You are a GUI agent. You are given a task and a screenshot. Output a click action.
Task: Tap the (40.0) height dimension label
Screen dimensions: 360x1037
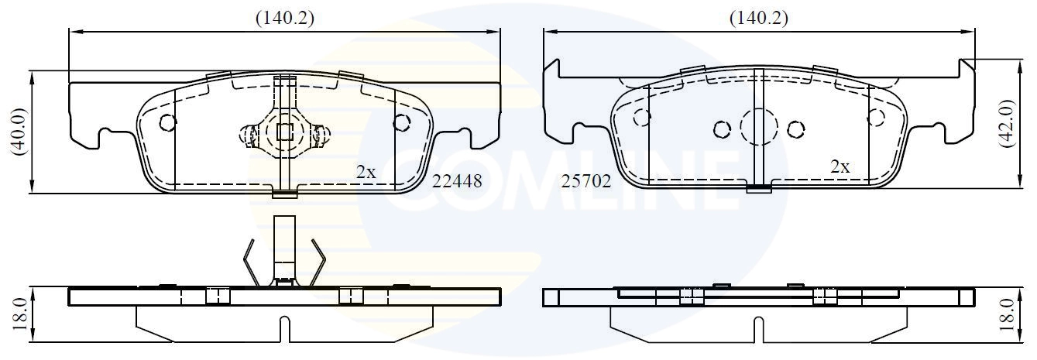(x=19, y=132)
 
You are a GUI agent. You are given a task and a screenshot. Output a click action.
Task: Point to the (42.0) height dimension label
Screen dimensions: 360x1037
(x=1006, y=123)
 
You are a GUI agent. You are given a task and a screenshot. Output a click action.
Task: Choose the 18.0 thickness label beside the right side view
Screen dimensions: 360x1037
(x=1006, y=312)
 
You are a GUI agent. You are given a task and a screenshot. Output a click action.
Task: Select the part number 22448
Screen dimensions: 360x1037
(x=457, y=181)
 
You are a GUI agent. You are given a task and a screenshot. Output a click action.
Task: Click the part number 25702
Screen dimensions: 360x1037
(x=586, y=181)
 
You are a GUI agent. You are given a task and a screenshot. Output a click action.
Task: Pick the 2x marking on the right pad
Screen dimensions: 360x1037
(x=840, y=166)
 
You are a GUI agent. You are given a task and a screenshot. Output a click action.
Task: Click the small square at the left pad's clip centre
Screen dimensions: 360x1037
(x=285, y=132)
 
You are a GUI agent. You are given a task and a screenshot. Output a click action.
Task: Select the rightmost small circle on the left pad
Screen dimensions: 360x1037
(x=401, y=122)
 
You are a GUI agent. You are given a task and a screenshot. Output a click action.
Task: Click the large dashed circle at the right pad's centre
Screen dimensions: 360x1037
(x=759, y=126)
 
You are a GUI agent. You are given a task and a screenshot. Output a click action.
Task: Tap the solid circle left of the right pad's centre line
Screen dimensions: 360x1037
(x=722, y=129)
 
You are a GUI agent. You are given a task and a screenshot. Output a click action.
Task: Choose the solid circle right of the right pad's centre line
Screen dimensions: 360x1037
(x=796, y=129)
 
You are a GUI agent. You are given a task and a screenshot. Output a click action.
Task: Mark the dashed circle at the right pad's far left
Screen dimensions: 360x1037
(x=641, y=117)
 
